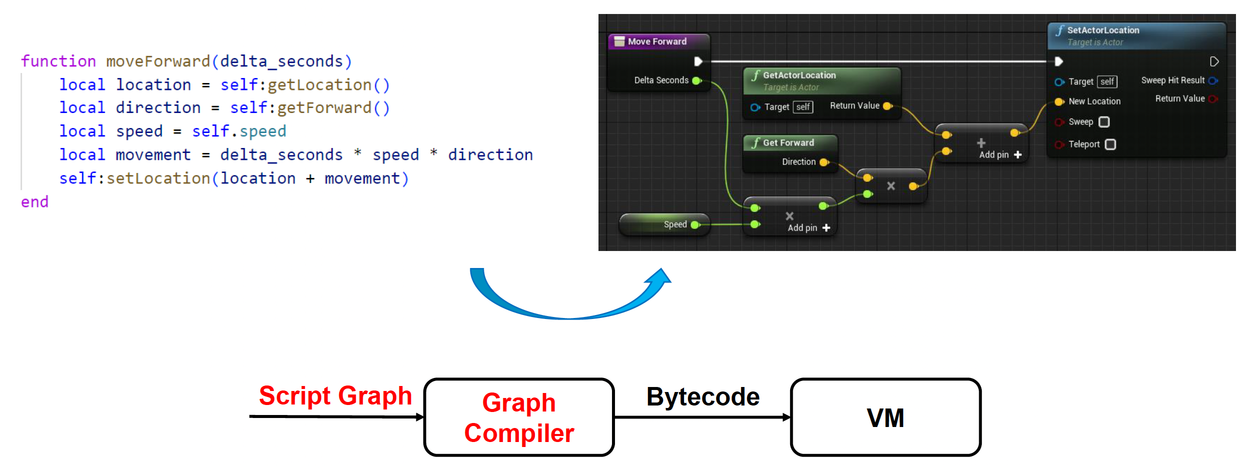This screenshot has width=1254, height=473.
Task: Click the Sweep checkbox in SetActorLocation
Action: click(1104, 122)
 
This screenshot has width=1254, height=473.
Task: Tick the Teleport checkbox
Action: click(1110, 144)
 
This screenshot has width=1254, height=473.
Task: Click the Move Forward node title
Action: click(657, 41)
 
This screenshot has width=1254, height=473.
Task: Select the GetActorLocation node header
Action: click(799, 75)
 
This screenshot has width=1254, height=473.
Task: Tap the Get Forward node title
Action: click(788, 143)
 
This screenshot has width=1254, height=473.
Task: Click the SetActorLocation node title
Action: click(1103, 30)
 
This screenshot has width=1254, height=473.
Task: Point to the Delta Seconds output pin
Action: click(697, 80)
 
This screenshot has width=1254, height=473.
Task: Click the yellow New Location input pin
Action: click(1059, 101)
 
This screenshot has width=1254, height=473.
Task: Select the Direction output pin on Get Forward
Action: click(824, 162)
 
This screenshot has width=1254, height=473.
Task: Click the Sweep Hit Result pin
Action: click(1212, 80)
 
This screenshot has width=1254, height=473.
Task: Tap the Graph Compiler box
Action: click(519, 417)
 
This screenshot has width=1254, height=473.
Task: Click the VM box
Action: click(885, 417)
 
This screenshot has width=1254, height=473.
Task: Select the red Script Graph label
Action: click(335, 396)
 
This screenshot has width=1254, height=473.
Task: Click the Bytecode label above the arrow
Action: click(703, 397)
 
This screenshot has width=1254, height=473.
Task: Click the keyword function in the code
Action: click(58, 61)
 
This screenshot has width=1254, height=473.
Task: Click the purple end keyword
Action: click(35, 202)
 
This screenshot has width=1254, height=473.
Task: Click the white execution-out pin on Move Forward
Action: click(698, 61)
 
